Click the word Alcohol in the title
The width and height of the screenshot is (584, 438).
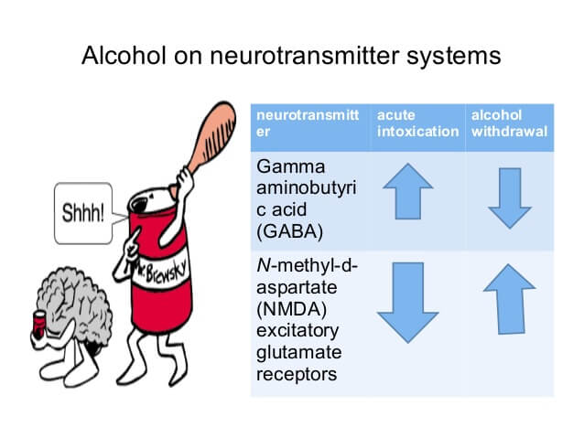(124, 56)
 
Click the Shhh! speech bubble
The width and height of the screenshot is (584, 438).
(83, 213)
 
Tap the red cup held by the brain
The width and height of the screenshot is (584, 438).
(39, 325)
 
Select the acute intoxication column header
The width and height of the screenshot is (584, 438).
(417, 123)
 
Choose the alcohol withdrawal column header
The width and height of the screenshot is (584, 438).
(509, 123)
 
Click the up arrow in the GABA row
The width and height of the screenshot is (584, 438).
(408, 191)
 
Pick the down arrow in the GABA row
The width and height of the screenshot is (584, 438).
(510, 198)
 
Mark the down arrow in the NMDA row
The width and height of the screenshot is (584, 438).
(408, 303)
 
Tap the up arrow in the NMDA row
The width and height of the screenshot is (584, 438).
(510, 299)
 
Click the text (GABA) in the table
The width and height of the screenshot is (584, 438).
(289, 231)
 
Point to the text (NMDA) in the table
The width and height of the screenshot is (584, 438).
(291, 309)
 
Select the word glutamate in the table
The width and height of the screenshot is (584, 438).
(298, 353)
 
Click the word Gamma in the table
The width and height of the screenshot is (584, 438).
(290, 166)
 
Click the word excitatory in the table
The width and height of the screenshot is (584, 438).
(297, 331)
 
